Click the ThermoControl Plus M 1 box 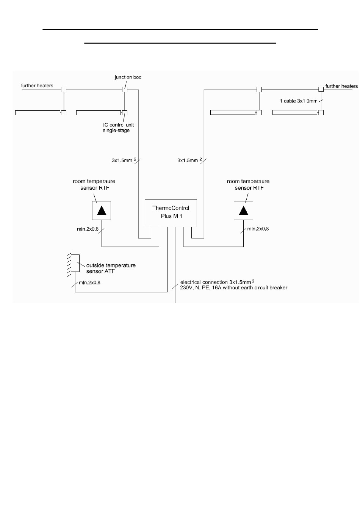coord(171,213)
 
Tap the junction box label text coord(128,77)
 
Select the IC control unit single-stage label coord(118,127)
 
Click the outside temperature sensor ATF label coord(111,268)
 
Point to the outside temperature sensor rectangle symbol coord(75,263)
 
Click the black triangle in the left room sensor coord(102,210)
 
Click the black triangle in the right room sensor coord(244,210)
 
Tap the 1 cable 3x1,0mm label coord(298,101)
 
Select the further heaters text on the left coord(37,85)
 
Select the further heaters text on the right coord(341,86)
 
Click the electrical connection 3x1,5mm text coord(217,282)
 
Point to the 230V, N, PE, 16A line coord(233,287)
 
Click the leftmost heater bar coord(38,113)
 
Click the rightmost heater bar coord(295,113)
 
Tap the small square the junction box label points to coord(125,90)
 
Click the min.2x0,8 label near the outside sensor coord(89,283)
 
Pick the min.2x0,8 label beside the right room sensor coord(258,229)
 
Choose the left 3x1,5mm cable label coord(124,160)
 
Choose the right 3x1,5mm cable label coord(190,160)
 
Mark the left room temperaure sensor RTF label coord(94,184)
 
